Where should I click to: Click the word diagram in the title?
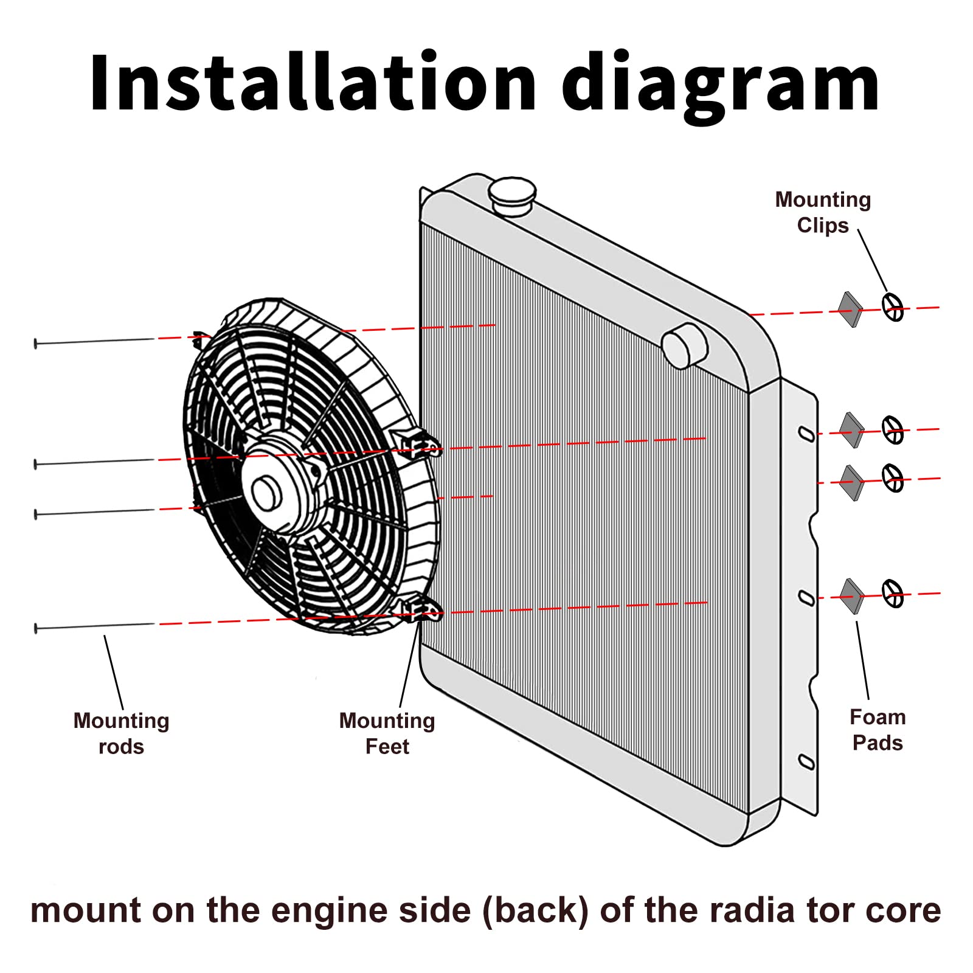point(721,85)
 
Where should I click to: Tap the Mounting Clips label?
point(823,212)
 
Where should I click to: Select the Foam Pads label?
point(878,730)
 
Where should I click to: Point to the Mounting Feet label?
point(387,733)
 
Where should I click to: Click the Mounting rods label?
point(121,733)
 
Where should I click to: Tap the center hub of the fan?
point(266,493)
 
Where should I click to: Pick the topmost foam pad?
point(850,310)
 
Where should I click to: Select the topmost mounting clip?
point(893,306)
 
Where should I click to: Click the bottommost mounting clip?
point(893,593)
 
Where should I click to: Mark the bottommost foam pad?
point(851,596)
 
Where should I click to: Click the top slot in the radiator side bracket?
point(806,434)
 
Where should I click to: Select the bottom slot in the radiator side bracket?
point(806,761)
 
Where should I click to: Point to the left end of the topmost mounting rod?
point(36,344)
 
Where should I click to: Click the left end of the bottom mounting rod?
point(36,628)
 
